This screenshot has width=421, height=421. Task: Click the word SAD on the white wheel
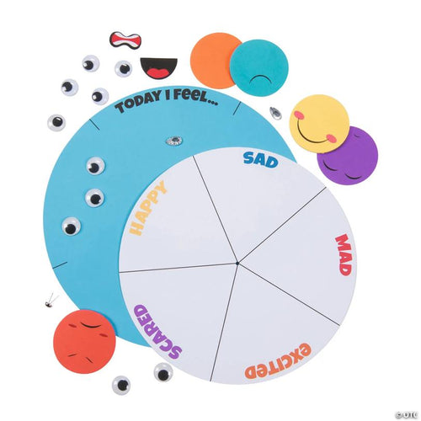pyautogui.click(x=260, y=160)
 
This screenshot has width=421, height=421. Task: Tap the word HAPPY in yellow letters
pyautogui.click(x=147, y=208)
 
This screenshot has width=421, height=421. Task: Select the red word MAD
pyautogui.click(x=344, y=255)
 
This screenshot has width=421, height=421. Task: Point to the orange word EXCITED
pyautogui.click(x=278, y=362)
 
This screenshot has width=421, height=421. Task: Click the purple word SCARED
pyautogui.click(x=157, y=333)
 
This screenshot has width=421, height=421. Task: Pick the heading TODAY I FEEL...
pyautogui.click(x=167, y=101)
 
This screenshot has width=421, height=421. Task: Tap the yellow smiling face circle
pyautogui.click(x=319, y=124)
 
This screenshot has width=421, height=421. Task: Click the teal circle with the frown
pyautogui.click(x=259, y=67)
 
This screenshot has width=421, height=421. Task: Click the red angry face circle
pyautogui.click(x=84, y=342)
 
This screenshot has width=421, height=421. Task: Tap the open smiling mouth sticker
pyautogui.click(x=159, y=67)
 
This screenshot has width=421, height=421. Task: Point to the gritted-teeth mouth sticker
pyautogui.click(x=125, y=40)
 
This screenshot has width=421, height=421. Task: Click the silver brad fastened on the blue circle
pyautogui.click(x=174, y=140)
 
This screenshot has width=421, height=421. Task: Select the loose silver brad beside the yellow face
pyautogui.click(x=276, y=113)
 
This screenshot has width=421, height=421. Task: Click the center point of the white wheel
pyautogui.click(x=237, y=264)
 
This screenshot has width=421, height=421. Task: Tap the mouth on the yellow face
pyautogui.click(x=314, y=136)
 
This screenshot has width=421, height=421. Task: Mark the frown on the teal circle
pyautogui.click(x=261, y=80)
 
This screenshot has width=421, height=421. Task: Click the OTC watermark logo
pyautogui.click(x=407, y=414)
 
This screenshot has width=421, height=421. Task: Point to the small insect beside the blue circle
pyautogui.click(x=50, y=301)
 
